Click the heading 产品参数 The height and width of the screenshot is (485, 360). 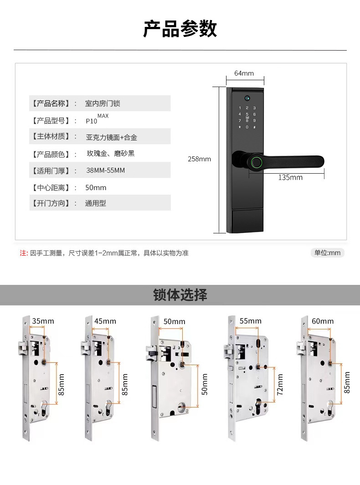tap(180, 29)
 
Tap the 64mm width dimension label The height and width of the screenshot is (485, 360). tap(244, 73)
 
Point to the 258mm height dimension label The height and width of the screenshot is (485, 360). tap(199, 159)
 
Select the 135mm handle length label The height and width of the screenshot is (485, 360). tap(290, 177)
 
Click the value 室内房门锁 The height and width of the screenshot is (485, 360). tap(103, 103)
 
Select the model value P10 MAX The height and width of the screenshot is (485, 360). tap(97, 120)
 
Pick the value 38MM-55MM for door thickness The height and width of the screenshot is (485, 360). tap(105, 170)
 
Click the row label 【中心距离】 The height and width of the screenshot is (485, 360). tap(50, 187)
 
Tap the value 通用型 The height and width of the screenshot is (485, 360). tap(95, 203)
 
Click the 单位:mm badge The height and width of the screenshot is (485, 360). tap(328, 253)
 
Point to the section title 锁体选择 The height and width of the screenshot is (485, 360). tap(180, 295)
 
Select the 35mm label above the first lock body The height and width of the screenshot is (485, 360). tap(43, 321)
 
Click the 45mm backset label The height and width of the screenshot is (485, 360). tap(105, 321)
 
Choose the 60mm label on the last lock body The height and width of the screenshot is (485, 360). tap(323, 321)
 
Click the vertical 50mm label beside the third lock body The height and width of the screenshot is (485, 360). tap(205, 384)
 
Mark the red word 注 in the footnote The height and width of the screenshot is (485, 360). tap(23, 253)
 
